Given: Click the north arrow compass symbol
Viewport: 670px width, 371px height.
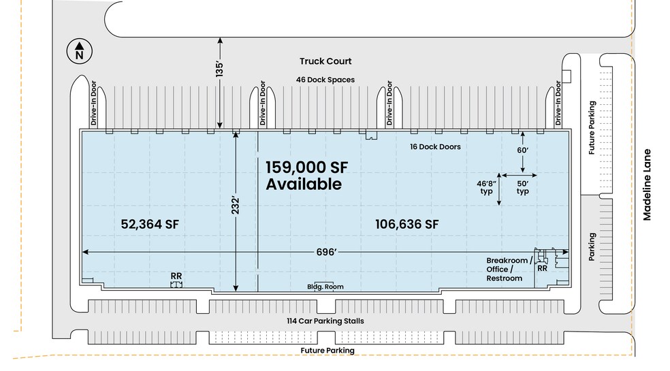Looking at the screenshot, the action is [x=80, y=51].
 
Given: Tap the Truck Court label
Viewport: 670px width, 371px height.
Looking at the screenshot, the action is [x=325, y=61].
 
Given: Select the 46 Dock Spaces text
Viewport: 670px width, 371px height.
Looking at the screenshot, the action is [x=325, y=80].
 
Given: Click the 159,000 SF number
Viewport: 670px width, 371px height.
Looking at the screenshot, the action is [x=307, y=167].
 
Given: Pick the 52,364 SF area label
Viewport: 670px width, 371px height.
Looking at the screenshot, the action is [x=150, y=225].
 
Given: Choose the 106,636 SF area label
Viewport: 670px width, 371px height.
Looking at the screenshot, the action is [x=406, y=225].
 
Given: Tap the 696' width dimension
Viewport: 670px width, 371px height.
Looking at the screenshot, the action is [x=326, y=252].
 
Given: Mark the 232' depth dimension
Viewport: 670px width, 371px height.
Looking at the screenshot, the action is [x=236, y=206].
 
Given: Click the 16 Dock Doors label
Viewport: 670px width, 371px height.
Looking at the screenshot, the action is [x=435, y=146].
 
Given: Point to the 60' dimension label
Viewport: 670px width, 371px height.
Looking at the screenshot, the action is [x=522, y=150].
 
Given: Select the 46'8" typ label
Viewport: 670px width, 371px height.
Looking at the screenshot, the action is [x=487, y=187].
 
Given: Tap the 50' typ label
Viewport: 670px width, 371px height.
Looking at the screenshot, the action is [x=522, y=187].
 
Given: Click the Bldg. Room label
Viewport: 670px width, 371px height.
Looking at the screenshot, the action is [x=325, y=287].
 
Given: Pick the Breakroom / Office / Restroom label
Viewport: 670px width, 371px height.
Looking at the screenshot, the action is [x=509, y=270].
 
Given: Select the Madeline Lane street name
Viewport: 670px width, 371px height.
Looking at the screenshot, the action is [x=647, y=184].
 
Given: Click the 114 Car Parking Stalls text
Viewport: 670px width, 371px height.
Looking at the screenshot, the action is [x=325, y=321].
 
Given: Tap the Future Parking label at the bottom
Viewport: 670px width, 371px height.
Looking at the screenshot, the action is [x=328, y=351].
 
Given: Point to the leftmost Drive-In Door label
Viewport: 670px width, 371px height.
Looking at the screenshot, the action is [x=93, y=103].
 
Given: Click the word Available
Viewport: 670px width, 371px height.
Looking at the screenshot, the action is [x=304, y=184].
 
